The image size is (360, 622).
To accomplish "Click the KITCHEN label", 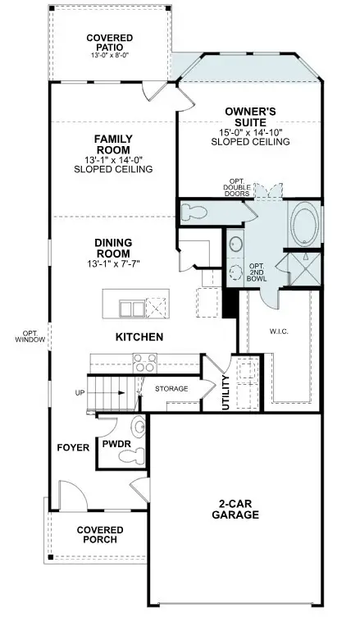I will pos(139,336).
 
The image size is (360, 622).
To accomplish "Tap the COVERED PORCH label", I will pos(100,535).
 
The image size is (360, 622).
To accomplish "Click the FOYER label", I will pos(72,447).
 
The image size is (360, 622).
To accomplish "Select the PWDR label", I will pos(112,443).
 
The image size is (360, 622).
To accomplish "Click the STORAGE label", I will pos(172,388).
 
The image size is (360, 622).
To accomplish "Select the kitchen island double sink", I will pos(131,308).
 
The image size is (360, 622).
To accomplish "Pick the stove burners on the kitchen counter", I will pos(145,363).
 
